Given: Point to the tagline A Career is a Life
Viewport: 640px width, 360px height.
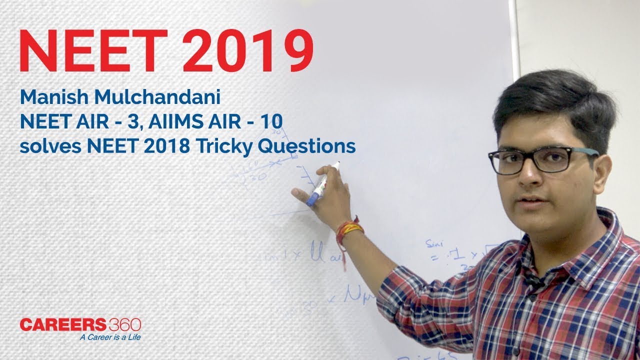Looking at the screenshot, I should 110,337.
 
